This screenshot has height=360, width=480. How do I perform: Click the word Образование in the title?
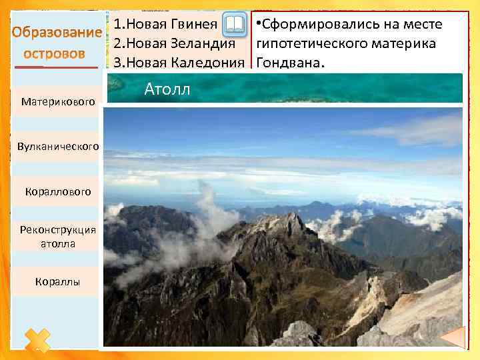click(55, 33)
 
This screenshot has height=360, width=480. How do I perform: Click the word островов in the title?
click(55, 53)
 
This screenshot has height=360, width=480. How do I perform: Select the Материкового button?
click(58, 102)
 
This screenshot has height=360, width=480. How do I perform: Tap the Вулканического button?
click(58, 146)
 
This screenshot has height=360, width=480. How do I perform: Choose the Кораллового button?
click(58, 192)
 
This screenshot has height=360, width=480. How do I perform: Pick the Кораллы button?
click(58, 282)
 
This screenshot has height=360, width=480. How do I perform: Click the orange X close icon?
click(37, 340)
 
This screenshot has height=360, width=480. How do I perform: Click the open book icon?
click(233, 26)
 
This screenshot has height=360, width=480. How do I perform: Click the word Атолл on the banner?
click(167, 89)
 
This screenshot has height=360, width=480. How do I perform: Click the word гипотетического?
click(312, 44)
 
